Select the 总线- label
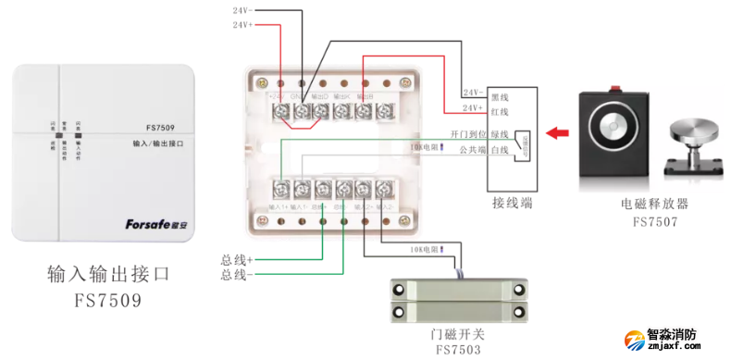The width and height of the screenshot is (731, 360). coord(236,275)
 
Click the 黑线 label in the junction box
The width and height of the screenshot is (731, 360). coord(500,95)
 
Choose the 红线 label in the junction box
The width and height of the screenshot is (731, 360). coord(500,114)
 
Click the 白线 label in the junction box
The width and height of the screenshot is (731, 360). coord(500,150)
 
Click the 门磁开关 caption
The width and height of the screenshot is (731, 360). coord(459,334)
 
